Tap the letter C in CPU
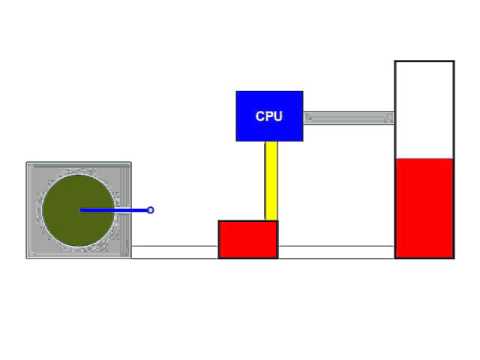[x=260, y=117]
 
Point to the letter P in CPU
[x=269, y=117]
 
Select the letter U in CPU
[x=278, y=117]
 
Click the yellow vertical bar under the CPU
[x=271, y=180]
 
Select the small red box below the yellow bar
[x=248, y=239]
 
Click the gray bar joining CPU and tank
[x=348, y=117]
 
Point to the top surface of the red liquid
[x=424, y=159]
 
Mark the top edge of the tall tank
[x=424, y=61]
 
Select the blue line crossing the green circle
[x=115, y=210]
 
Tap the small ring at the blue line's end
[x=151, y=210]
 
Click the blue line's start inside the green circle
[x=81, y=210]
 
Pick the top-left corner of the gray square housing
[x=28, y=163]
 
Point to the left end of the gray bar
[x=305, y=117]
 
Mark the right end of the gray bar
[x=393, y=117]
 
